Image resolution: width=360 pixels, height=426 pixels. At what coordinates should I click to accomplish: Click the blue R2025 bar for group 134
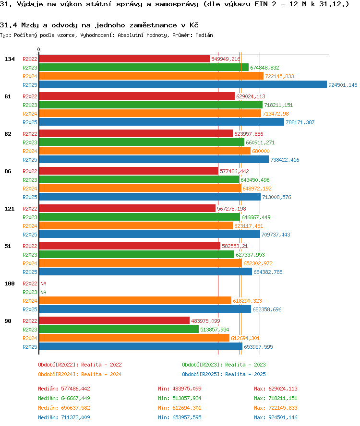point(183,85)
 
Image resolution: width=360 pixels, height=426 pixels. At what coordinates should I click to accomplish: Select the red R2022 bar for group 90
point(114,321)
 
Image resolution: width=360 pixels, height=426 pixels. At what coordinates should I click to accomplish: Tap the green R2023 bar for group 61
point(151,105)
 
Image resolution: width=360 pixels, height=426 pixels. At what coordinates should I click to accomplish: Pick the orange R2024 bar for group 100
point(135,301)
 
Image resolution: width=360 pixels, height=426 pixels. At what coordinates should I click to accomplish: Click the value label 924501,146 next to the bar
point(343,85)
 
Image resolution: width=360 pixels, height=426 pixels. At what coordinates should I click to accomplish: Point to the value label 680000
point(261,151)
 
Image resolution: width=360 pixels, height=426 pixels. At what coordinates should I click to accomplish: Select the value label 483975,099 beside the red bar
point(205,321)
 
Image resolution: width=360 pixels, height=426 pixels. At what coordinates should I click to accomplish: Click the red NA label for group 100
point(43,284)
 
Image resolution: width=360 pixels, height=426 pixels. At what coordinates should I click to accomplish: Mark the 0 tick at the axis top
point(39,50)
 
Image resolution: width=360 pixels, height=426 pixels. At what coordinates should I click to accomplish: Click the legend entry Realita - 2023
point(224,365)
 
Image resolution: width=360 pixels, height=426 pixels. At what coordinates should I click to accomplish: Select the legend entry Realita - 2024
point(80,374)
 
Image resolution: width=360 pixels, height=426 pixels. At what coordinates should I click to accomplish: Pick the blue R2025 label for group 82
point(30,160)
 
